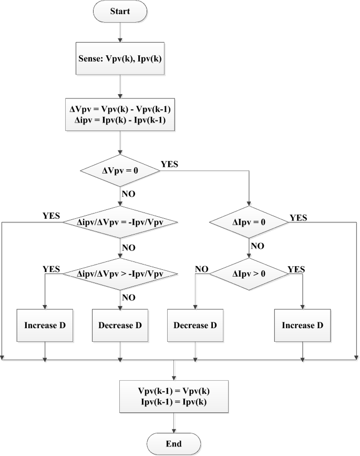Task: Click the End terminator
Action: pyautogui.click(x=173, y=443)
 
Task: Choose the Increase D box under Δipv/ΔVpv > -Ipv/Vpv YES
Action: pyautogui.click(x=46, y=325)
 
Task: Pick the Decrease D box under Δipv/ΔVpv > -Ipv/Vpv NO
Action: pyautogui.click(x=120, y=325)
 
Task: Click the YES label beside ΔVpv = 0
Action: pyautogui.click(x=169, y=164)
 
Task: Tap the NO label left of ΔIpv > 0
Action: pyautogui.click(x=202, y=269)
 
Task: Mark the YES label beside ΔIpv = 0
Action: pyautogui.click(x=298, y=217)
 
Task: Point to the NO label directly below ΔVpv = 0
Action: pyautogui.click(x=129, y=194)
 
